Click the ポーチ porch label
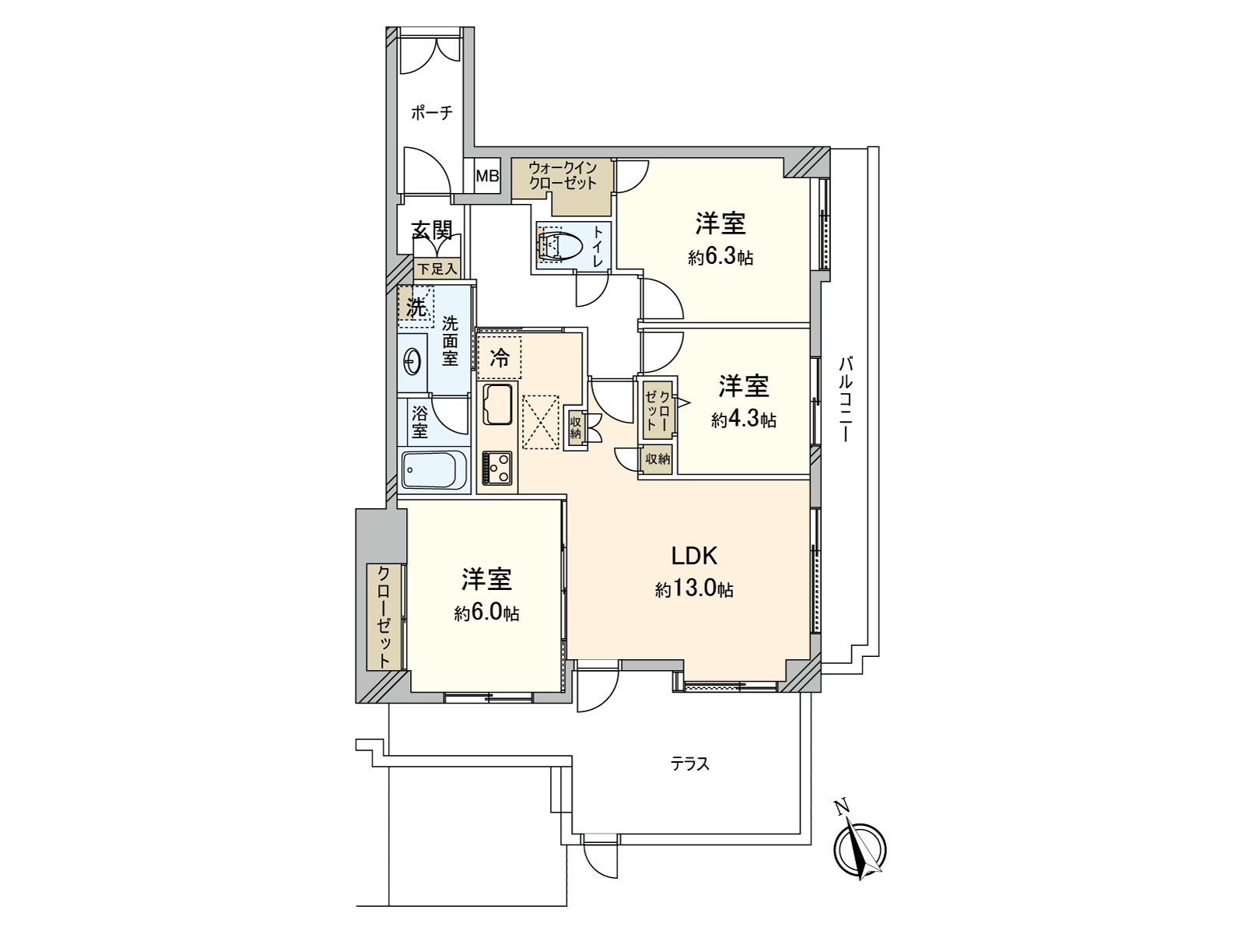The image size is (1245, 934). [431, 113]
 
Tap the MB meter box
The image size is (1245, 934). [487, 177]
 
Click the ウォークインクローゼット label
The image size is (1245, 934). [562, 176]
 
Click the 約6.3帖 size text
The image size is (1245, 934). [720, 258]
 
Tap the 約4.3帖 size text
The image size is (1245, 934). [743, 420]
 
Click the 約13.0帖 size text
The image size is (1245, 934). [694, 589]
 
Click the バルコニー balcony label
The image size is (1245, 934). [847, 399]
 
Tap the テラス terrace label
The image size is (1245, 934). [690, 764]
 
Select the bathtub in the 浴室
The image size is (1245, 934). [433, 471]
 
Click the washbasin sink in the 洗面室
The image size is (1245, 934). [412, 361]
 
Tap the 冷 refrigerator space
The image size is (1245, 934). [499, 357]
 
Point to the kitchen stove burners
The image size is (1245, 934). [497, 469]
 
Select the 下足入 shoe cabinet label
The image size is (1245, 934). [436, 269]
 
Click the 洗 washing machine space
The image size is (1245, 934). [416, 306]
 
